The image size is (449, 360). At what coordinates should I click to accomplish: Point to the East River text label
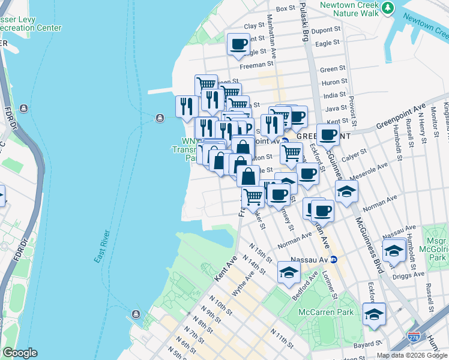pyautogui.click(x=102, y=246)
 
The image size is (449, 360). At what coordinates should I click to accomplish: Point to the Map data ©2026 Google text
pyautogui.click(x=412, y=355)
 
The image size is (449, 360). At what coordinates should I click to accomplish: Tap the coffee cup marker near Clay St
pyautogui.click(x=238, y=44)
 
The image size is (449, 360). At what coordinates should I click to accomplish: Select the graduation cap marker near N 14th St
pyautogui.click(x=289, y=272)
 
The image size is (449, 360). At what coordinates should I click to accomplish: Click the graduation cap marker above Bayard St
pyautogui.click(x=374, y=314)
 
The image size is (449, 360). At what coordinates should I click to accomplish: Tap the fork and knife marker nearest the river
pyautogui.click(x=187, y=106)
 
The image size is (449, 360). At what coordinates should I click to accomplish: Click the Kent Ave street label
pyautogui.click(x=225, y=271)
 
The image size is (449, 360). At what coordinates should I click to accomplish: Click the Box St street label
pyautogui.click(x=286, y=9)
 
